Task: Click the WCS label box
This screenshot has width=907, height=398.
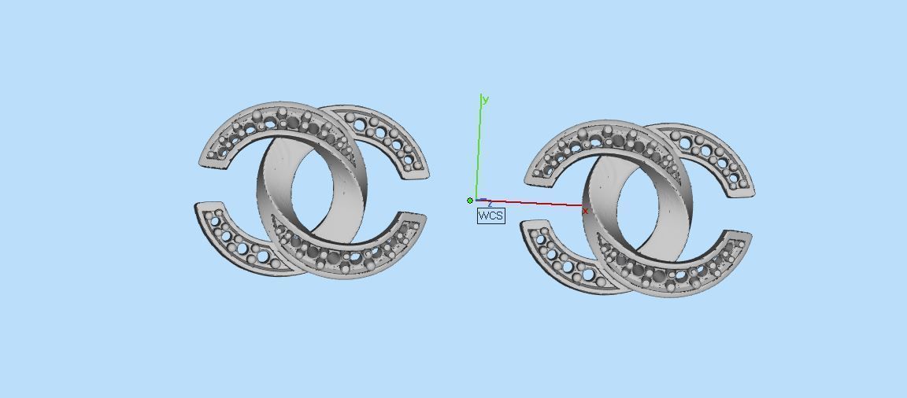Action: click(491, 216)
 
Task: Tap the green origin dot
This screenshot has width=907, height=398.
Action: click(470, 201)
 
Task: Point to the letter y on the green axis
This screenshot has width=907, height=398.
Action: click(486, 99)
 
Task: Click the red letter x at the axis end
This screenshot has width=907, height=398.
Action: click(585, 211)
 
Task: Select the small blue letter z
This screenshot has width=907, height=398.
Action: click(489, 205)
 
